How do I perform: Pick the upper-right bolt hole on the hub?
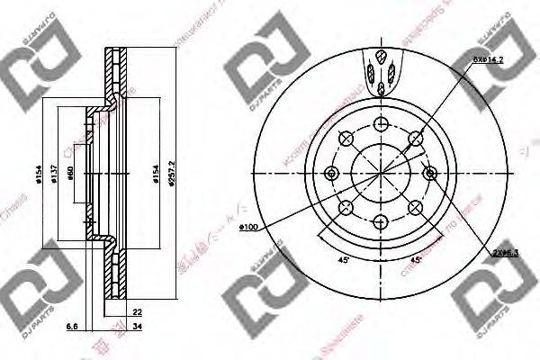pos(414,138)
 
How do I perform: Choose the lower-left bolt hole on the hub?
pos(345,209)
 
